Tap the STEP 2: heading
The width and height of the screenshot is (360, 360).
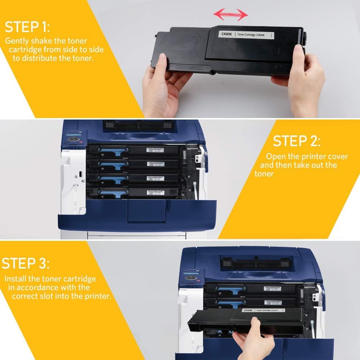pos(296,141)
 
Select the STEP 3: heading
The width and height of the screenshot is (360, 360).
pos(26,264)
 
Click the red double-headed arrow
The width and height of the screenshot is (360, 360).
pos(230,15)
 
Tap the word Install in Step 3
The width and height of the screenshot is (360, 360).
pos(16,279)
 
